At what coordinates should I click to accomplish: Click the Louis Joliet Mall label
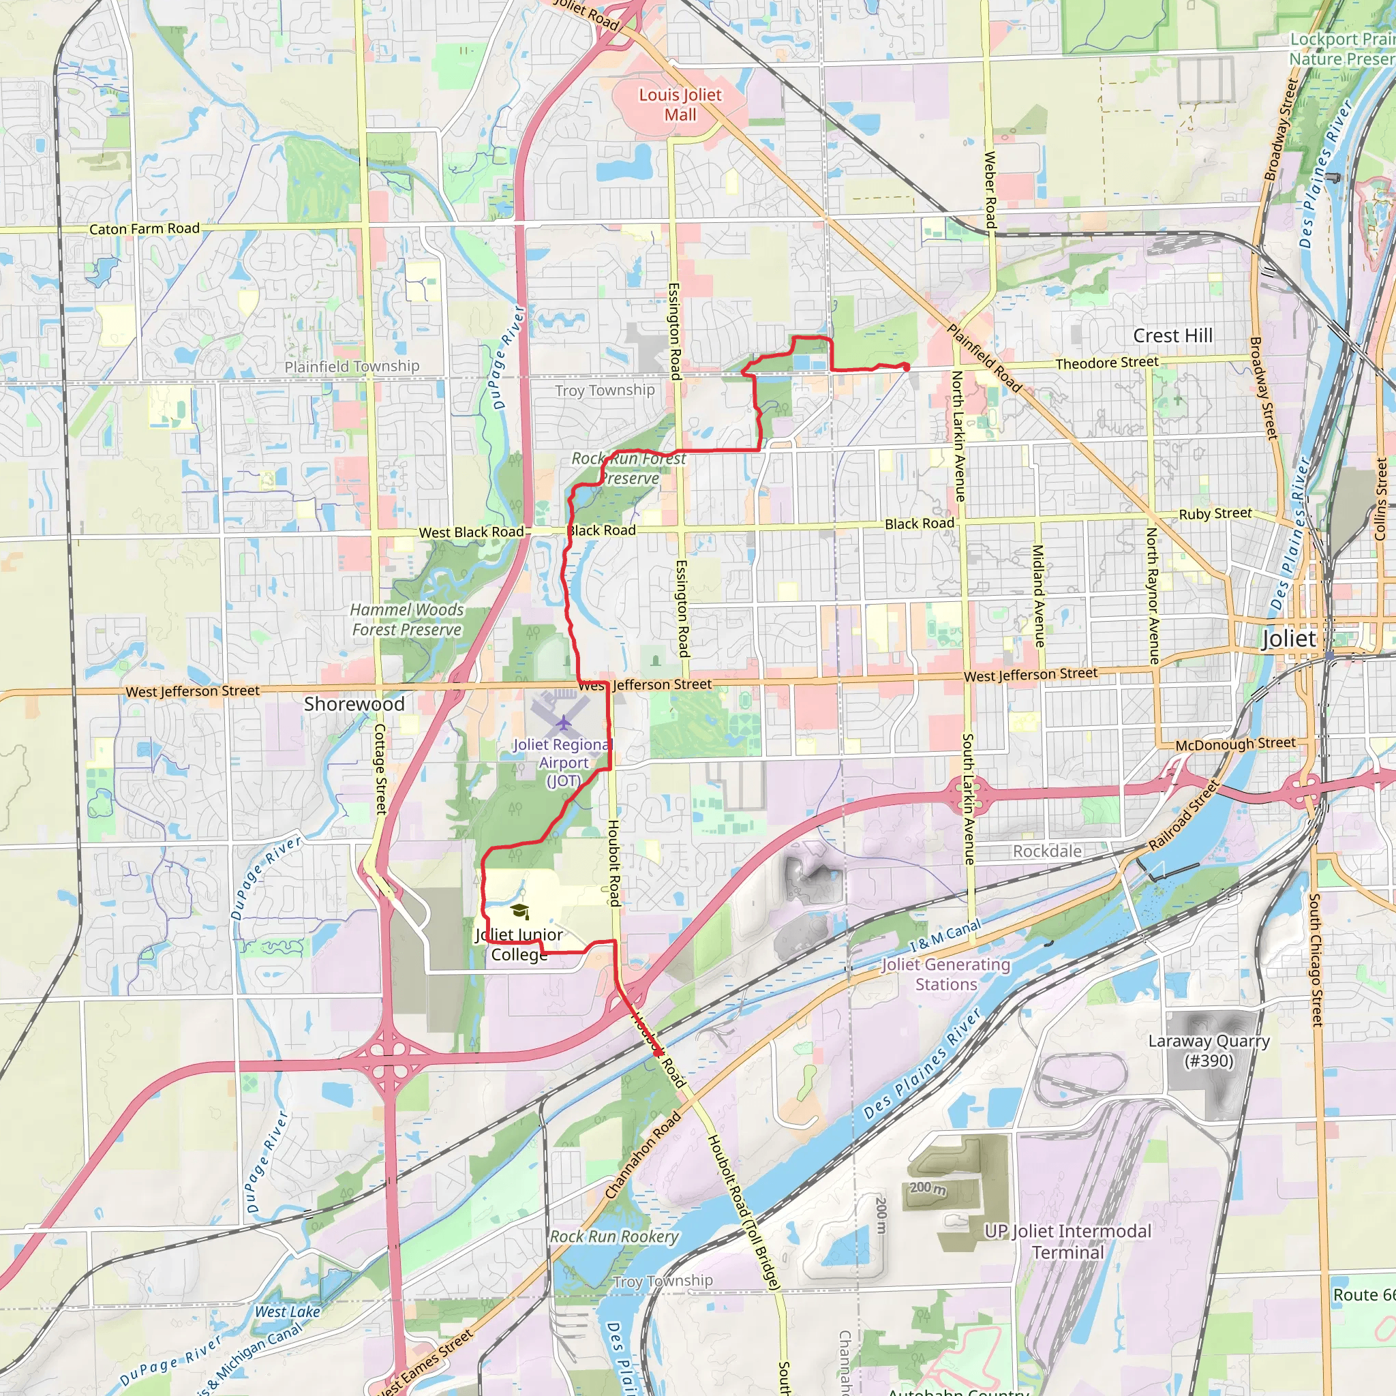click(x=680, y=105)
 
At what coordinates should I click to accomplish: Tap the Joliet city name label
click(x=1289, y=639)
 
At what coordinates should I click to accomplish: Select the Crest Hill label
click(x=1172, y=335)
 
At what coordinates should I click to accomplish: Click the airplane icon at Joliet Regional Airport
click(x=563, y=722)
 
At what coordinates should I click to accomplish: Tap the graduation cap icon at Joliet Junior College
click(x=519, y=911)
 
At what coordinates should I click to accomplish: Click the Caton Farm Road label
click(x=145, y=229)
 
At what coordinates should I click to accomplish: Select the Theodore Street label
click(x=1106, y=363)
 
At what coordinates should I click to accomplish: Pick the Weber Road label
click(x=990, y=191)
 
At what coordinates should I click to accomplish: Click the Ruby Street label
click(x=1215, y=514)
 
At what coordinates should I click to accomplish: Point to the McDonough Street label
click(x=1235, y=744)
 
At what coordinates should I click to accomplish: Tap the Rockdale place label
click(x=1047, y=851)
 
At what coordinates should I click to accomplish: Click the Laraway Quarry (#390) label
click(x=1209, y=1050)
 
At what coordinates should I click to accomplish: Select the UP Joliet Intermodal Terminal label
click(x=1067, y=1241)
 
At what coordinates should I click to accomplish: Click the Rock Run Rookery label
click(x=614, y=1236)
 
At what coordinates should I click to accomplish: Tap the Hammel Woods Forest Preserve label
click(x=407, y=619)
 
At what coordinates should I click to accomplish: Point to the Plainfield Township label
click(x=352, y=366)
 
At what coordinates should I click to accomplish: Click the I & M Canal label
click(x=945, y=935)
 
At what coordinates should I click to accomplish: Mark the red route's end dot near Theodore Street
click(x=906, y=368)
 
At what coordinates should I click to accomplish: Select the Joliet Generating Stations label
click(x=946, y=974)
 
